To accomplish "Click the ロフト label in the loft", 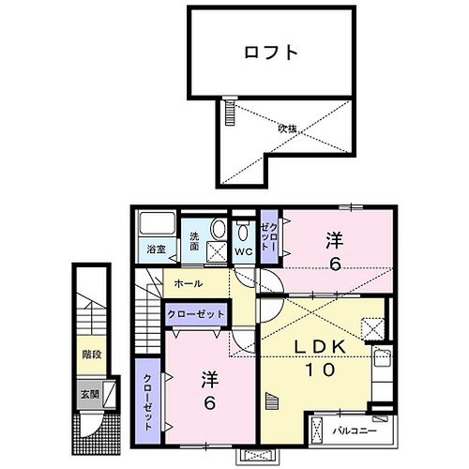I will (x=272, y=53).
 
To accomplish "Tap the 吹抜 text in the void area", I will (x=286, y=129).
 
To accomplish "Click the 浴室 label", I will (x=155, y=250).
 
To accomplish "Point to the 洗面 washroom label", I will (x=194, y=240).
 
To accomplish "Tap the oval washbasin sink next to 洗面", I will (x=218, y=229).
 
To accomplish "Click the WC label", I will (x=243, y=251).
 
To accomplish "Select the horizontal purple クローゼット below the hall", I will (x=194, y=316).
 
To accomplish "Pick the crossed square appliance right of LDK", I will (x=372, y=328).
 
